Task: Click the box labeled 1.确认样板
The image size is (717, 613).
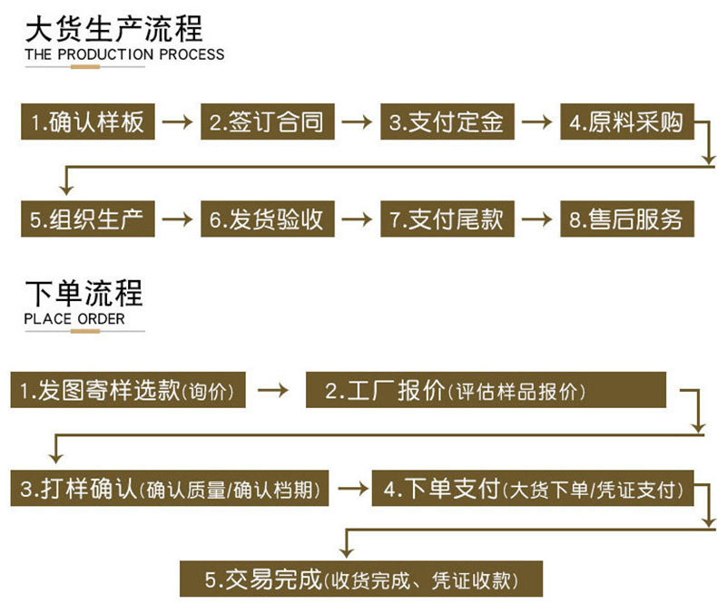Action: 88,122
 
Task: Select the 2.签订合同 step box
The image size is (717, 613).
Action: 268,122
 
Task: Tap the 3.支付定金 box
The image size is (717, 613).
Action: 447,122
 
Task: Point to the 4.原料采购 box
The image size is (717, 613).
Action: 627,122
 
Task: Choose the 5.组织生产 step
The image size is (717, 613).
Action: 88,219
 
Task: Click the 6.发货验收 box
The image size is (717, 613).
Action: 268,219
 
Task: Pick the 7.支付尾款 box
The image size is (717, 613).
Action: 447,219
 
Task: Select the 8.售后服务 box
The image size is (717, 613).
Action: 627,219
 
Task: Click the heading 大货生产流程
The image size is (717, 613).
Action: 113,29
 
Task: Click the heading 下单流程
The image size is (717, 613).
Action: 84,293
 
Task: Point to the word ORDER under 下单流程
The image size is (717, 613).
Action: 101,319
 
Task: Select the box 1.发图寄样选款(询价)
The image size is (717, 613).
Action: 128,390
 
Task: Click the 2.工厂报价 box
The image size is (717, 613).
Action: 486,390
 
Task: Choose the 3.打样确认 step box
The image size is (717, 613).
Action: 169,488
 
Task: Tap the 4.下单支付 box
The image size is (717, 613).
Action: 533,488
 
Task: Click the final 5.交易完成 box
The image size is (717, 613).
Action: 361,579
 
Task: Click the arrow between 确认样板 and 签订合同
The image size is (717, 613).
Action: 177,122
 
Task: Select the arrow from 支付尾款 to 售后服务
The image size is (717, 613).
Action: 536,219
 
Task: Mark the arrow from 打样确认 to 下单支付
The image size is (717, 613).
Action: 353,488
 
